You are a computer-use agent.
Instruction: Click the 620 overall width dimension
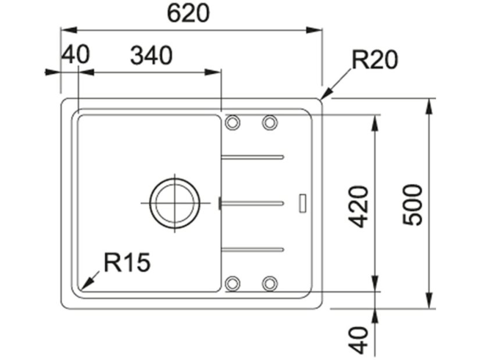coord(188,14)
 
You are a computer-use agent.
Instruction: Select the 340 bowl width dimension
coord(152,56)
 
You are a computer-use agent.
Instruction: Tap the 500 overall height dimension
coord(413,205)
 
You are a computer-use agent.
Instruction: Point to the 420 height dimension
coord(358,207)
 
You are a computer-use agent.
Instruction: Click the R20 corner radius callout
coord(375,60)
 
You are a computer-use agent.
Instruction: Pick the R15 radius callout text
coord(127,262)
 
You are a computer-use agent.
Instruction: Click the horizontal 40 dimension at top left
coord(76,55)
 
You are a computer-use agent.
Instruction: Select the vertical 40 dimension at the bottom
coord(358,340)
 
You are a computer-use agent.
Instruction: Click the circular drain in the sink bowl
coord(175,203)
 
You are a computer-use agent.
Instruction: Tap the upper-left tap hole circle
coord(232,123)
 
